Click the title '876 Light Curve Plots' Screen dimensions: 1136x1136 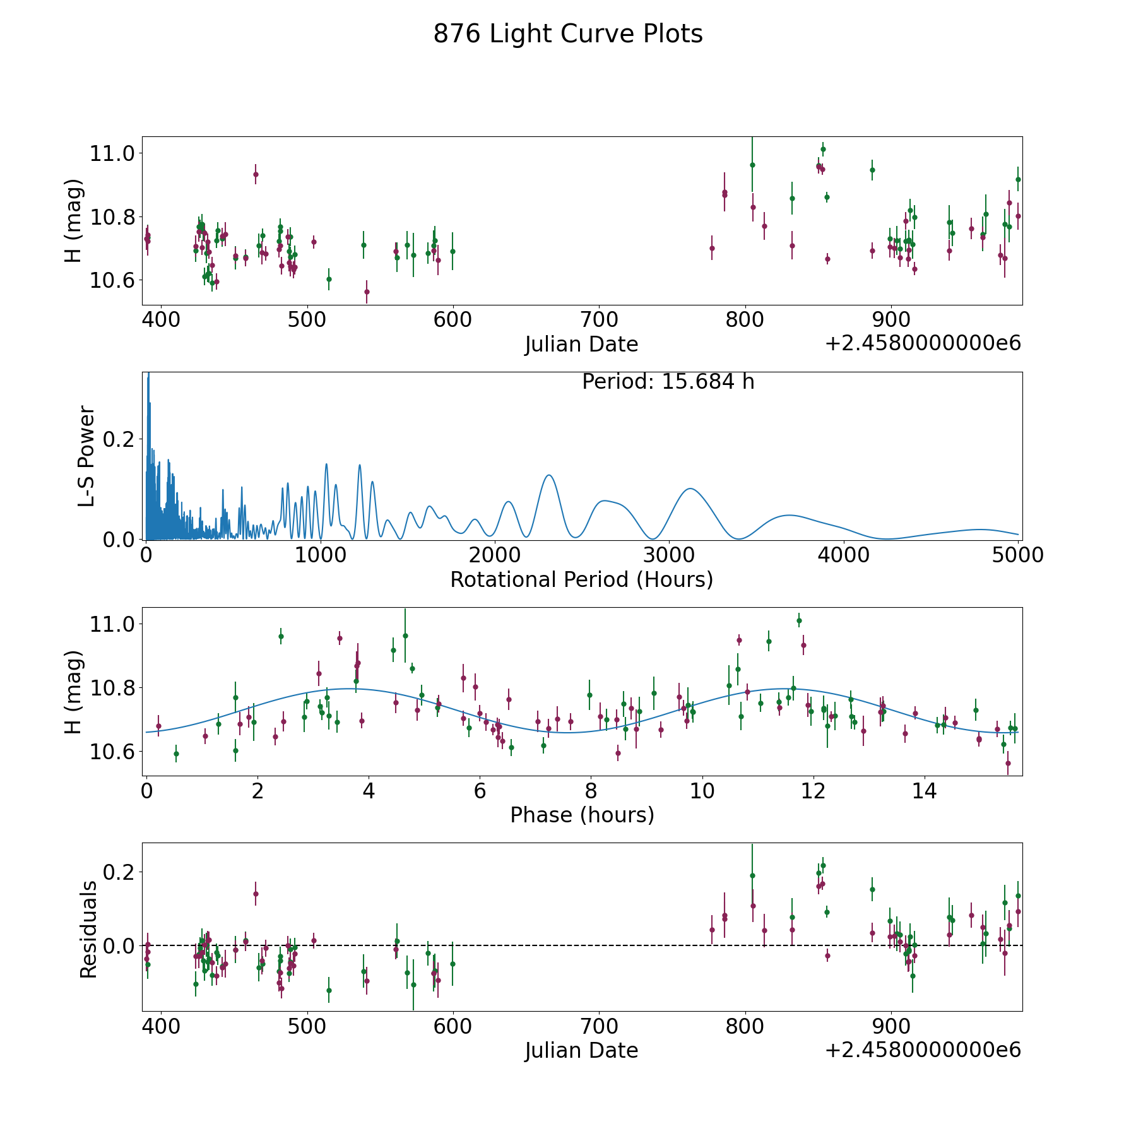567,34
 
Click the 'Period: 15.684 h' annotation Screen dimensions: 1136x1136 668,382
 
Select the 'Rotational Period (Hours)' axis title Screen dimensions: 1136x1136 581,579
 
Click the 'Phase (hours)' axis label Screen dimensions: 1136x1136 582,815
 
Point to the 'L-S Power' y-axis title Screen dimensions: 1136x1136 87,456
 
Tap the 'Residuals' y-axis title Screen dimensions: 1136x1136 88,929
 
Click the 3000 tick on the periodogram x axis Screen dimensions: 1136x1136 669,555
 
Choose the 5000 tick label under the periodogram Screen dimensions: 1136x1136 1017,555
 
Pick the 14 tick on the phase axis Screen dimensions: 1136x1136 924,791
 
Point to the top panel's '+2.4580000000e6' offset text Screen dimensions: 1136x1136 923,343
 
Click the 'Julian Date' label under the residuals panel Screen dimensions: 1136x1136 581,1050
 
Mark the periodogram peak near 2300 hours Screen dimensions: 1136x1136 548,475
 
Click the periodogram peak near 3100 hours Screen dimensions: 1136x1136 690,488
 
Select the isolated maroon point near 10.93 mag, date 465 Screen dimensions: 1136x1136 256,174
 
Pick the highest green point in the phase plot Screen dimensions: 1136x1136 799,620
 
